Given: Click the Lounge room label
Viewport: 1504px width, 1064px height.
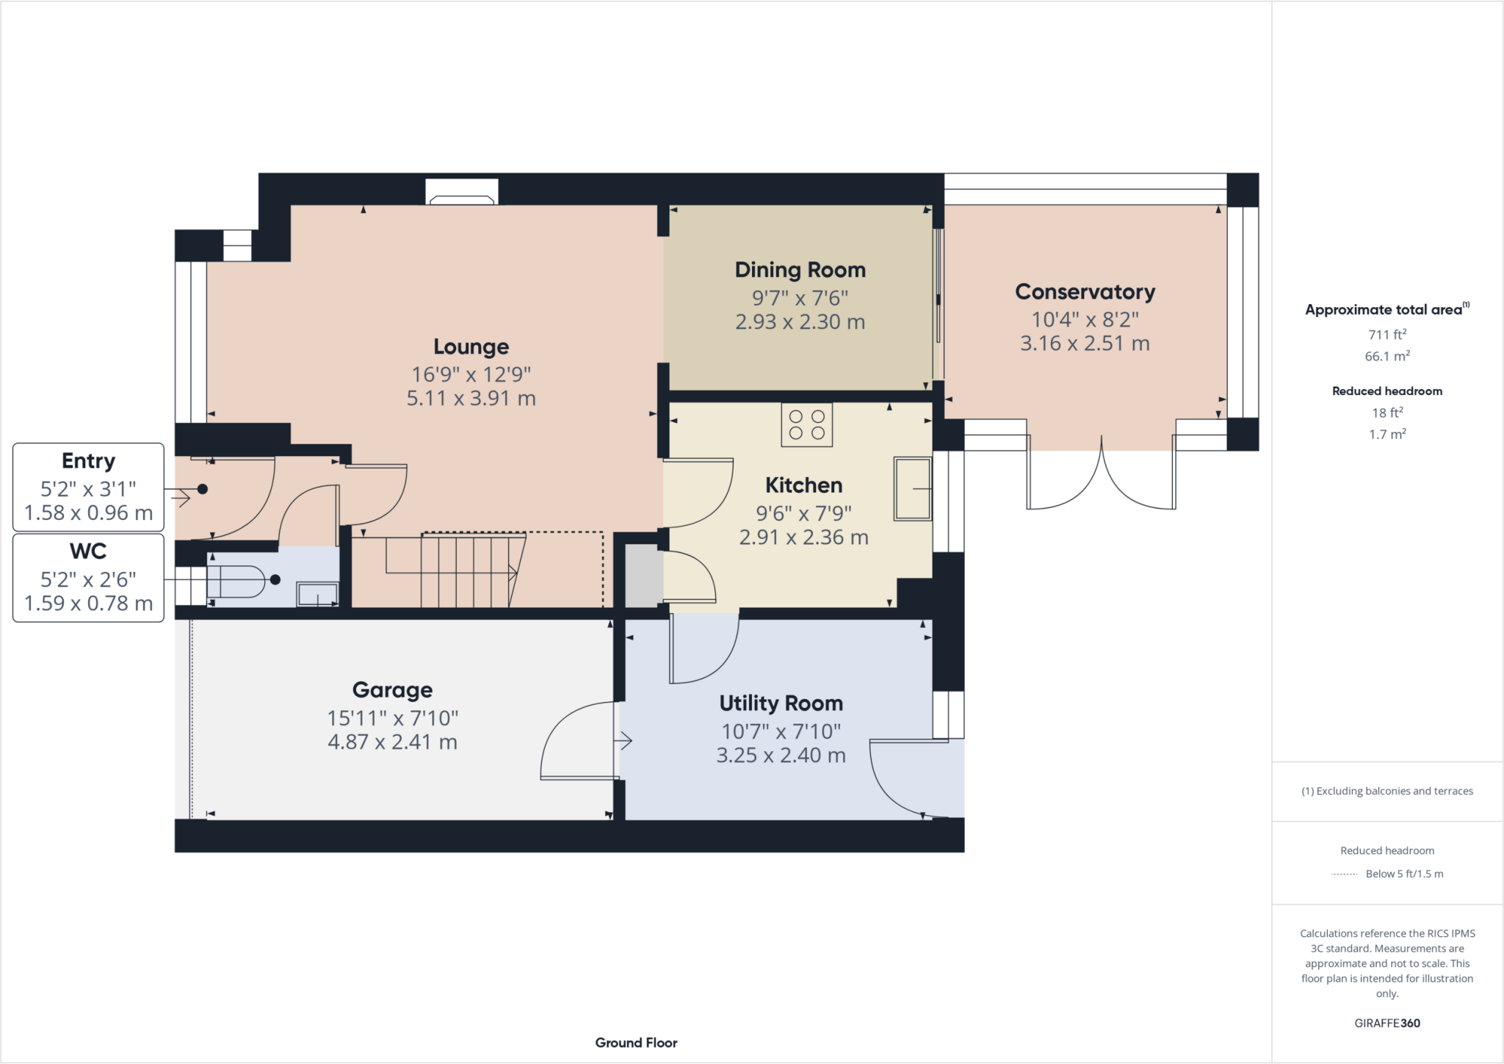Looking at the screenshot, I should click(x=471, y=347).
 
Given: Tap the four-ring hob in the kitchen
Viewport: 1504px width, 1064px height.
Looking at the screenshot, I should click(x=806, y=425).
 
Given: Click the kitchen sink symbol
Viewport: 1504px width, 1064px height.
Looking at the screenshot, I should click(x=912, y=488).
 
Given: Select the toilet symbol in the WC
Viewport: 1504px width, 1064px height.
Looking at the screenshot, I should click(x=236, y=582).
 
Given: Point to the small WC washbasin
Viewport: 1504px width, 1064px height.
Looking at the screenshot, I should click(x=317, y=594).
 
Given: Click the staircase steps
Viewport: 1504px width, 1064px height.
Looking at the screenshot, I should click(x=470, y=571).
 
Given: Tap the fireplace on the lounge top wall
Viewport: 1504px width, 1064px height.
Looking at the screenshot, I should click(x=462, y=192).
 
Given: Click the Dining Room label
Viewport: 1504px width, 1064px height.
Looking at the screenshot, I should click(x=800, y=270).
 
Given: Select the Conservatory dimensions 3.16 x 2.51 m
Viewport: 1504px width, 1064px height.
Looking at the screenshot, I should click(x=1084, y=344).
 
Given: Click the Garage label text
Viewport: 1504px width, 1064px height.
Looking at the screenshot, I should click(x=392, y=690).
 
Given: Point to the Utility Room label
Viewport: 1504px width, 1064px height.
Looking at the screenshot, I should click(x=781, y=703).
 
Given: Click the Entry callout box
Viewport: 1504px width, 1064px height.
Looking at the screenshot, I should click(x=88, y=487).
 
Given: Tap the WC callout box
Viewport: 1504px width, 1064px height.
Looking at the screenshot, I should click(x=88, y=578).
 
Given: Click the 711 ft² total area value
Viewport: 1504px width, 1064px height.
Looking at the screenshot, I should click(x=1386, y=335).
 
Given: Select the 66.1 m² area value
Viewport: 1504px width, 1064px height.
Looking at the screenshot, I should click(x=1386, y=357).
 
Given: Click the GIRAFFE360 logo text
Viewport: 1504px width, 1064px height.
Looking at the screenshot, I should click(x=1386, y=1023).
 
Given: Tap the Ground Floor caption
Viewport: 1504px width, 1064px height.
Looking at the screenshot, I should click(x=636, y=1043).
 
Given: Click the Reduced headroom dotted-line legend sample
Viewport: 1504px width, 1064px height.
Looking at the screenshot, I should click(x=1344, y=875).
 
